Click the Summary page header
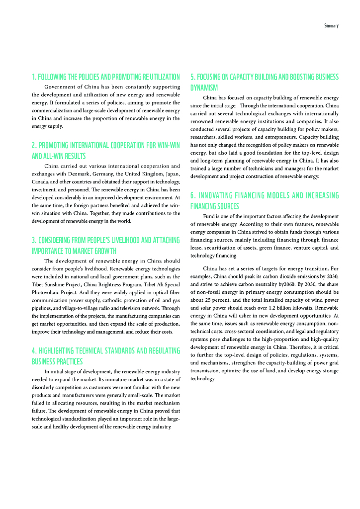click(331, 25)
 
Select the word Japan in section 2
click(171, 174)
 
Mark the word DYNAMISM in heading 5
click(204, 87)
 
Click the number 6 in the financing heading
click(192, 195)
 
